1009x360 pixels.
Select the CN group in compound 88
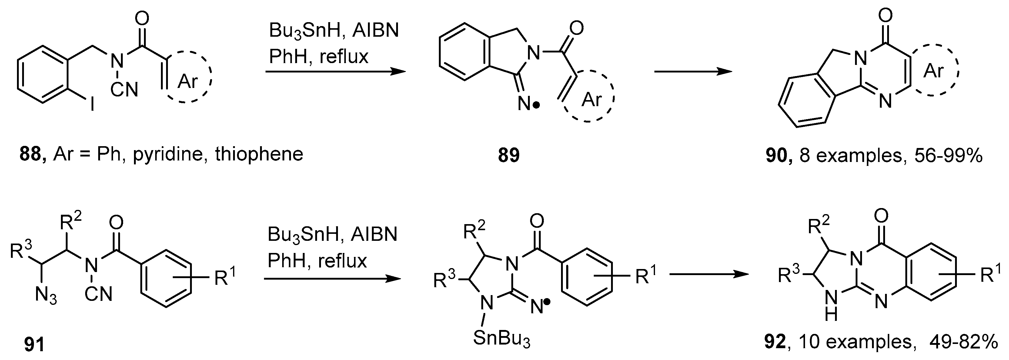tap(124, 90)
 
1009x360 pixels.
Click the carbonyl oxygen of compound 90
tap(885, 16)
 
